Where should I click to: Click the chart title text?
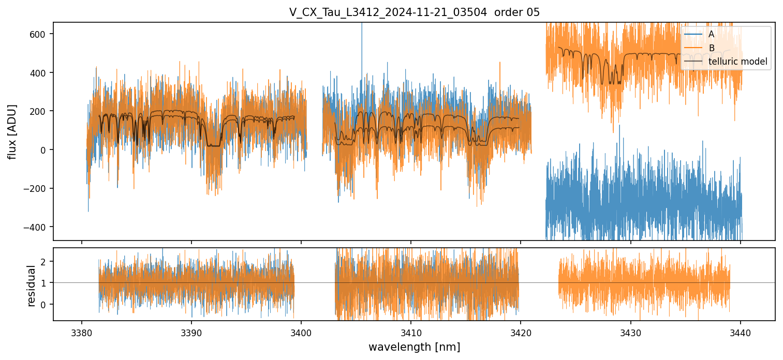[x=414, y=12]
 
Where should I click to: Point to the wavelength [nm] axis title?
[x=414, y=347]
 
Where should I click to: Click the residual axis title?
[x=31, y=286]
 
